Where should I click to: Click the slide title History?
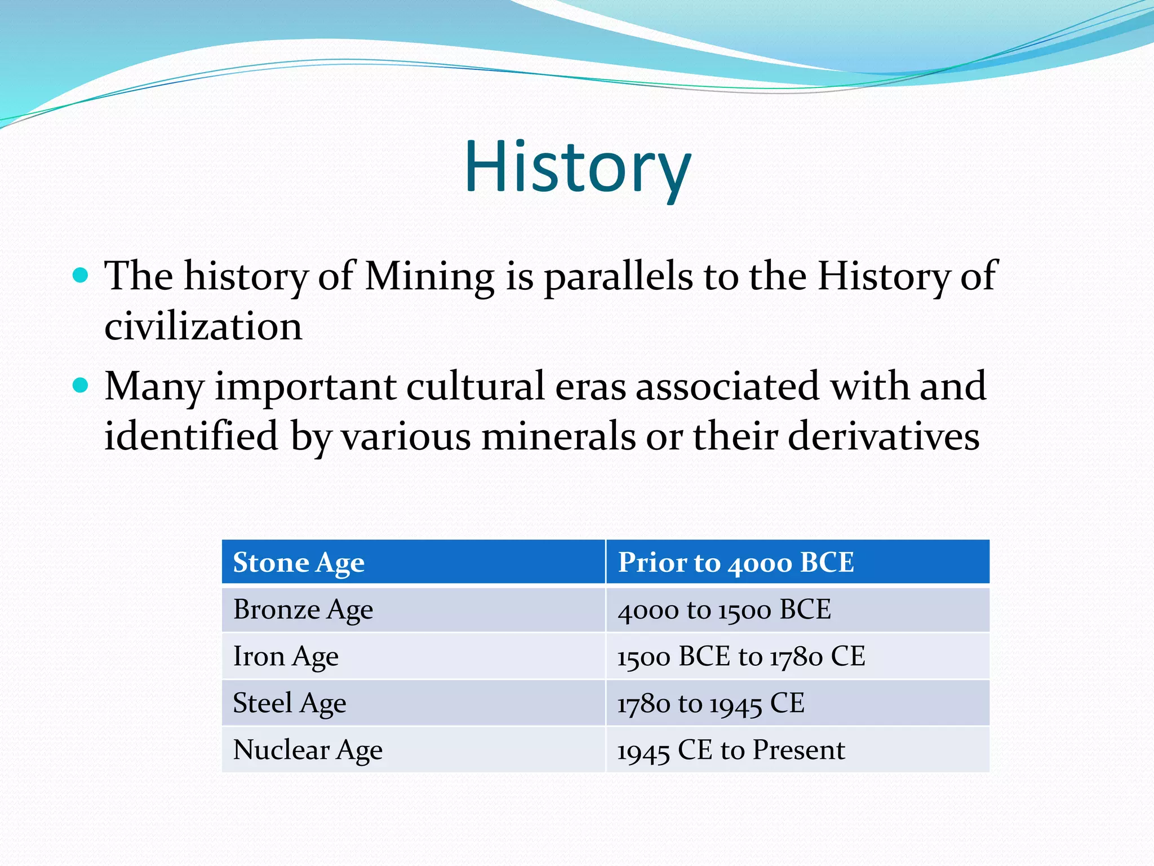coord(577,167)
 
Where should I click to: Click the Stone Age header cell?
coord(413,562)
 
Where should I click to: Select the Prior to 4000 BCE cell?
coord(797,562)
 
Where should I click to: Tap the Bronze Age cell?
coord(413,609)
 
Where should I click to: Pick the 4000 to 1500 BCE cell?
coord(797,609)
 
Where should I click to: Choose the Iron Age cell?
coord(413,656)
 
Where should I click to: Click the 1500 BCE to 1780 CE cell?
coord(797,656)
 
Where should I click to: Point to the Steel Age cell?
coord(413,703)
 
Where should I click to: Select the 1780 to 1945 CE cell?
coord(797,703)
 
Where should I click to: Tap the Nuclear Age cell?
coord(413,750)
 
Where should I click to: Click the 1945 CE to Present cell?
coord(797,750)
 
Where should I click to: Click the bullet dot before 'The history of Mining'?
coord(81,275)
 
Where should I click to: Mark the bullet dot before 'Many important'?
coord(81,386)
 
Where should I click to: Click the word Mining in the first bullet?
coord(429,277)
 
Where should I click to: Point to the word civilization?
coord(203,327)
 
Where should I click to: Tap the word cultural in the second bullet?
coord(476,387)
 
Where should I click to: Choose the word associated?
coord(727,387)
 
